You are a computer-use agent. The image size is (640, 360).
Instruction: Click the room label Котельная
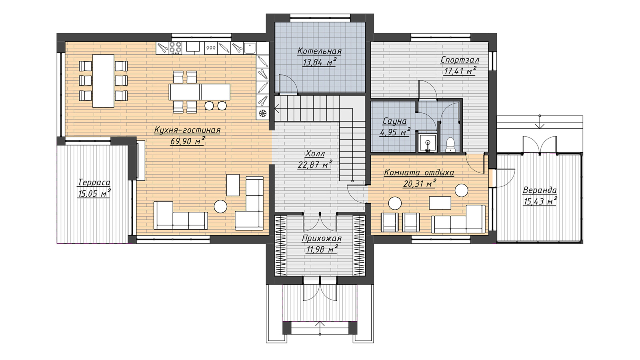point(320,51)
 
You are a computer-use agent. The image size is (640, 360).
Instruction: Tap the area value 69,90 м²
point(188,141)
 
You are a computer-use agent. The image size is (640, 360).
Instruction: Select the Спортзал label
point(460,60)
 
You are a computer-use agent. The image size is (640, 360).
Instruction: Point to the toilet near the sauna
point(450,145)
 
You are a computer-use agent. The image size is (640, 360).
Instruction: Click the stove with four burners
point(176,48)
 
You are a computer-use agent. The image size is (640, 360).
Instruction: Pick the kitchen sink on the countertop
point(250,48)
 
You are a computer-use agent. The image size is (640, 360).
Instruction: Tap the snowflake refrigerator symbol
point(262,114)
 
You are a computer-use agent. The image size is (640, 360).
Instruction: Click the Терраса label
point(94,182)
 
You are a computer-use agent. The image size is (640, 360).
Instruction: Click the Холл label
point(315,154)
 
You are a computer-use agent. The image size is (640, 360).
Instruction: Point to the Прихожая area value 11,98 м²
point(322,250)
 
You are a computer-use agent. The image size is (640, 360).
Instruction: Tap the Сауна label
point(394,122)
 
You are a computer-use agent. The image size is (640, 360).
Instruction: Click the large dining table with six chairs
point(104,81)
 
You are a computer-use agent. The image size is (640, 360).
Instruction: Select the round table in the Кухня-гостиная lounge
point(220,206)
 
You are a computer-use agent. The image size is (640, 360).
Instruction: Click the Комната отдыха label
point(419,172)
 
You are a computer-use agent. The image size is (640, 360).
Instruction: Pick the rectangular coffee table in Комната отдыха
point(440,203)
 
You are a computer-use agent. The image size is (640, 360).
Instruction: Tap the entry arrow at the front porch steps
point(320,328)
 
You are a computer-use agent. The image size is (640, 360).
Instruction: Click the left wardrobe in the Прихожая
point(280,246)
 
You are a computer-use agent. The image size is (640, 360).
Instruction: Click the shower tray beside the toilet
point(428,142)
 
